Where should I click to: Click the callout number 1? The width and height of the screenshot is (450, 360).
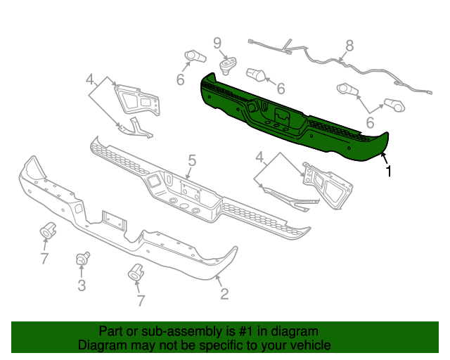[389, 170]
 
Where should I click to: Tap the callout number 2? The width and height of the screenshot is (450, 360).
[224, 294]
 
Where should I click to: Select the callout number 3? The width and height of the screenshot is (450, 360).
[82, 285]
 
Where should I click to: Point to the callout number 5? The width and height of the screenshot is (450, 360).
[191, 161]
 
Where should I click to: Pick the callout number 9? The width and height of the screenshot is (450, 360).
[217, 42]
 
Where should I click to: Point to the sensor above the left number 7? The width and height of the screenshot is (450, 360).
[48, 229]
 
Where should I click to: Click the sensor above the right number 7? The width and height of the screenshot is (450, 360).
[134, 272]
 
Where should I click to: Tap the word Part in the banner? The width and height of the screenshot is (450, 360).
[110, 331]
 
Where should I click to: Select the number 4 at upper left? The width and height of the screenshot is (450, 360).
[90, 78]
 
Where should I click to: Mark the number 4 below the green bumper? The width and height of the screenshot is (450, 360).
[259, 155]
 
